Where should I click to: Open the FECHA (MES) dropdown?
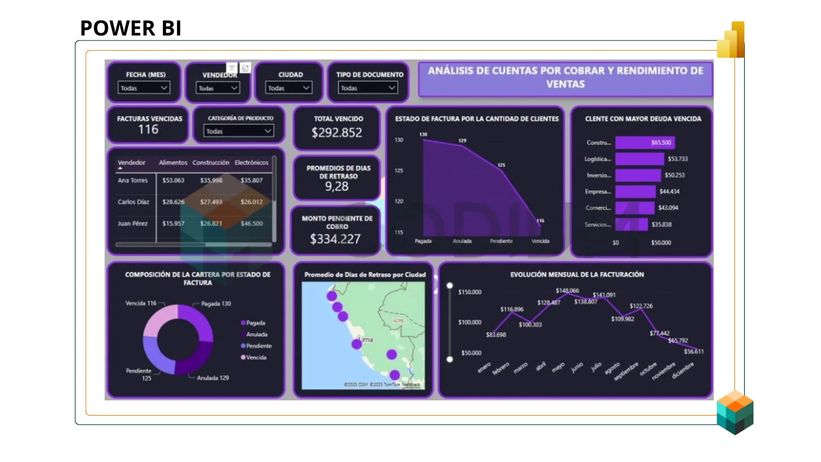coord(144,88)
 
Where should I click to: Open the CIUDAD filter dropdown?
coord(288,88)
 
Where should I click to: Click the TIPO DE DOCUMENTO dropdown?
coord(368,88)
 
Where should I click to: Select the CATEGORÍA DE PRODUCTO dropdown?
coord(238,131)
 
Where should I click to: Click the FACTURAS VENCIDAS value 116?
coord(148,129)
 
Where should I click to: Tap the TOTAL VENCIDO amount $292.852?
coord(337,133)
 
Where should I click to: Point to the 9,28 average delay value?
coord(337,187)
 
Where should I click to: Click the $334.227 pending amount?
coord(335,239)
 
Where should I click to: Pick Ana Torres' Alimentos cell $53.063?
coord(173,180)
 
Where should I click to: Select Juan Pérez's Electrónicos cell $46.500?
coord(251,223)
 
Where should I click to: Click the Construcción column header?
coord(211,163)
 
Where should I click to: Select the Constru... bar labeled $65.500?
coord(645,142)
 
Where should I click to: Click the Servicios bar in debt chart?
coord(631,224)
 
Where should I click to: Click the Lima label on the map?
coord(366,340)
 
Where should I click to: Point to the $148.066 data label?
coord(567,290)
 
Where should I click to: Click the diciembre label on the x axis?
coord(682,370)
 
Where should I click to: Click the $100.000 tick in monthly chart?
coord(470,322)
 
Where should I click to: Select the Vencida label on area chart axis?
coord(540,241)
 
